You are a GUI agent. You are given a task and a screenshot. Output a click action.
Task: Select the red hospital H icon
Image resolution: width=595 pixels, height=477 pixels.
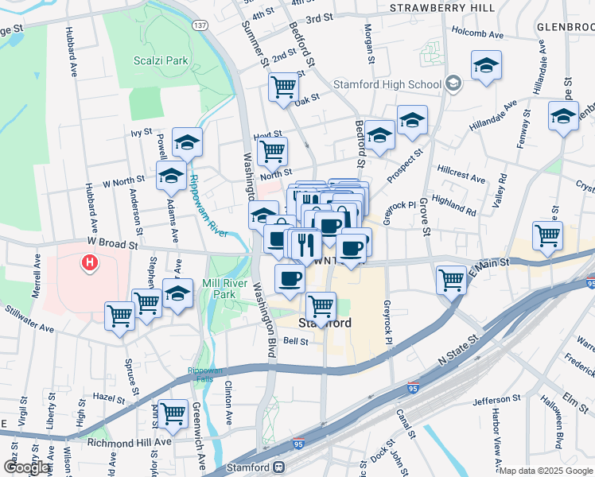tap(91, 262)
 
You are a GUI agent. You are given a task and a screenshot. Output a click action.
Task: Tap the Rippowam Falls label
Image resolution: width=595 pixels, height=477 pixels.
tap(205, 375)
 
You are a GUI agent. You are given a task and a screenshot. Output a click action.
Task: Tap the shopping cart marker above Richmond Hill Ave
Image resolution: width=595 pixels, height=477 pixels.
tap(173, 413)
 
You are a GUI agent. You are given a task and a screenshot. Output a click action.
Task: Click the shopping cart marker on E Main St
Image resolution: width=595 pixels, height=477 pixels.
tap(451, 279)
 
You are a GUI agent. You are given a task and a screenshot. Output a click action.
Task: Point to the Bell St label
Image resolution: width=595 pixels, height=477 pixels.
tap(296, 342)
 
